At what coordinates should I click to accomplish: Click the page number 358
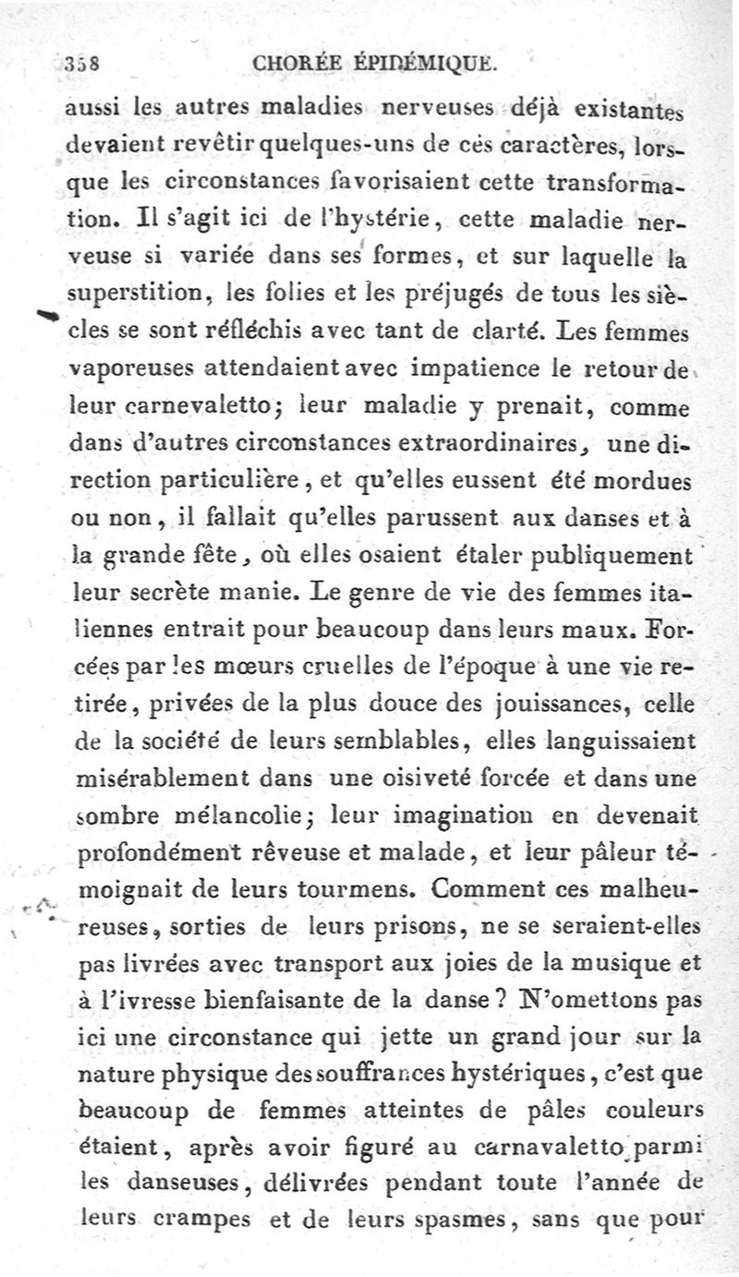pos(82,64)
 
